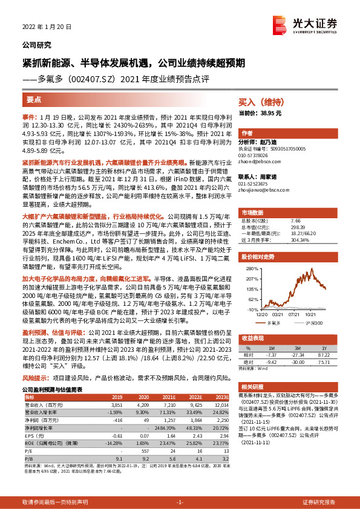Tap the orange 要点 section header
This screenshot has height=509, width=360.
click(x=34, y=99)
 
